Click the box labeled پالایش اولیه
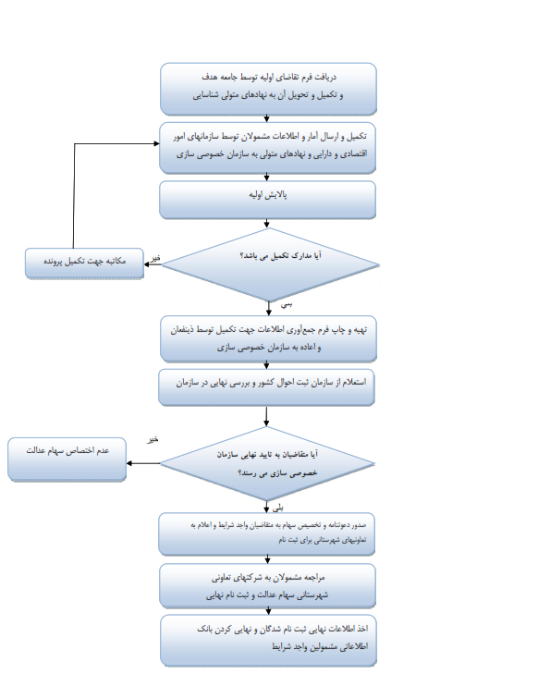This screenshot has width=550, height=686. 267,200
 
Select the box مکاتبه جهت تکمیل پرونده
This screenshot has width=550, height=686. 84,263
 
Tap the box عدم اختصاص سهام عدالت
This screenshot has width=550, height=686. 67,459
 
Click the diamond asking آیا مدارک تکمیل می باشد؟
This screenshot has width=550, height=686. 270,264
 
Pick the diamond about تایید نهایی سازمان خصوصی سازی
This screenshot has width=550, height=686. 267,463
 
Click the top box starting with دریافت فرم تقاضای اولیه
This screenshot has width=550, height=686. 268,89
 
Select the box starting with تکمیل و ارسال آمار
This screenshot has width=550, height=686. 267,148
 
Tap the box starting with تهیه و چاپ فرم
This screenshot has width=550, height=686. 268,338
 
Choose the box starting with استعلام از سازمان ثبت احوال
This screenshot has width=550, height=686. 266,387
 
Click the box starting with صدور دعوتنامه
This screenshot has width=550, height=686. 266,534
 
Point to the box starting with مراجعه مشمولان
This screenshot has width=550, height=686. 267,585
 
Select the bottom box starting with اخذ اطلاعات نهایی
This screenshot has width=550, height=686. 268,641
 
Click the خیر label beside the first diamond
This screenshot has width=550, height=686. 155,258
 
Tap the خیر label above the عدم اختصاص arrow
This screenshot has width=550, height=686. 153,439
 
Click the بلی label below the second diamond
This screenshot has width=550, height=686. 278,508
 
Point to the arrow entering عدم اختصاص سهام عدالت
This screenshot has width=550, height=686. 143,463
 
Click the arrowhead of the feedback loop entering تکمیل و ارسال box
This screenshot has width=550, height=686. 156,143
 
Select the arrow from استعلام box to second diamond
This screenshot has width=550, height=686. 266,416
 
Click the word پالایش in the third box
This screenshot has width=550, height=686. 276,195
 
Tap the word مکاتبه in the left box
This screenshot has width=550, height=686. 115,262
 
